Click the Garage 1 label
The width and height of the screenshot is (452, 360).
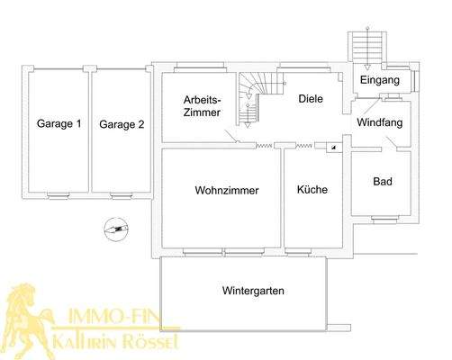[59, 123]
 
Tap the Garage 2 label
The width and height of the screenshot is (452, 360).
[122, 124]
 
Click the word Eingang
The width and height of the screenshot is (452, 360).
[379, 81]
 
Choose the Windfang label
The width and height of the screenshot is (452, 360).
[378, 121]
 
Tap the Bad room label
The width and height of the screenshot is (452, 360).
[382, 181]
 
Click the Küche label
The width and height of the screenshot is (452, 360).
[312, 191]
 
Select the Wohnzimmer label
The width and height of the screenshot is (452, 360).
[227, 191]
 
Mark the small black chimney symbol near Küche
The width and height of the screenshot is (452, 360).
[332, 146]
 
